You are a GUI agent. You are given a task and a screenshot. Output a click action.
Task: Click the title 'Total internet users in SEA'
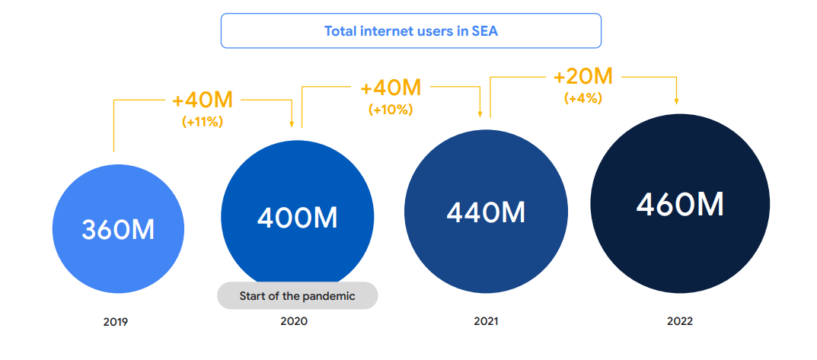click(x=411, y=31)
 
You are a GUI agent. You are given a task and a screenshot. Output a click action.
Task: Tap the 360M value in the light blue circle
click(x=118, y=229)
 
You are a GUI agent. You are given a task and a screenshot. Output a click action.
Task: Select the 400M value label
click(x=297, y=218)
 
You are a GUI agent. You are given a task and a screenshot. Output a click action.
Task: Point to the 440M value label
click(x=486, y=212)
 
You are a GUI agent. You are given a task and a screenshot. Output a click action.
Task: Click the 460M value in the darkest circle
click(x=680, y=204)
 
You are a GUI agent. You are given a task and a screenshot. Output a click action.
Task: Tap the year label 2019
click(x=116, y=322)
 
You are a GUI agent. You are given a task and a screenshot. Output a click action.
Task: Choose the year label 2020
click(x=294, y=321)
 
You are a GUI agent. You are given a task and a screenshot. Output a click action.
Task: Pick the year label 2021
click(x=486, y=321)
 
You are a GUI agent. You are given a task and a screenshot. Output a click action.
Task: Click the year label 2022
click(x=680, y=321)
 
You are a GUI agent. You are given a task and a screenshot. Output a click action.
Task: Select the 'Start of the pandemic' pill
click(x=297, y=296)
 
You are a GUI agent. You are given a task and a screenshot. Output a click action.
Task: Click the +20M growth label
click(x=583, y=77)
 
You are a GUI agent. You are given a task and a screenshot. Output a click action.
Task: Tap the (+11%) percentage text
click(x=202, y=121)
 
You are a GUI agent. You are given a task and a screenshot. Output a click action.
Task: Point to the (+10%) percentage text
click(x=391, y=109)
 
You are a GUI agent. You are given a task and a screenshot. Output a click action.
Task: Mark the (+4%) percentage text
click(x=583, y=98)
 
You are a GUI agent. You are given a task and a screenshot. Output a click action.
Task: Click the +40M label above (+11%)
click(x=202, y=100)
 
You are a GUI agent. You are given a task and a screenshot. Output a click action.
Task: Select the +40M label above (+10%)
click(x=391, y=88)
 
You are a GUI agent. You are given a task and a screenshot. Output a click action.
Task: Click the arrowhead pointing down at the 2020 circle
click(x=293, y=125)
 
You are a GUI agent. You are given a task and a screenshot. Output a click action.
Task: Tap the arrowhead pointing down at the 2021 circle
click(x=480, y=113)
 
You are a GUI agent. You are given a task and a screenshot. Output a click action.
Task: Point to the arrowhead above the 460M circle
click(x=677, y=101)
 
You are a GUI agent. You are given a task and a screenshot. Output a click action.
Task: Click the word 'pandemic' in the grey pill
click(x=330, y=296)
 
